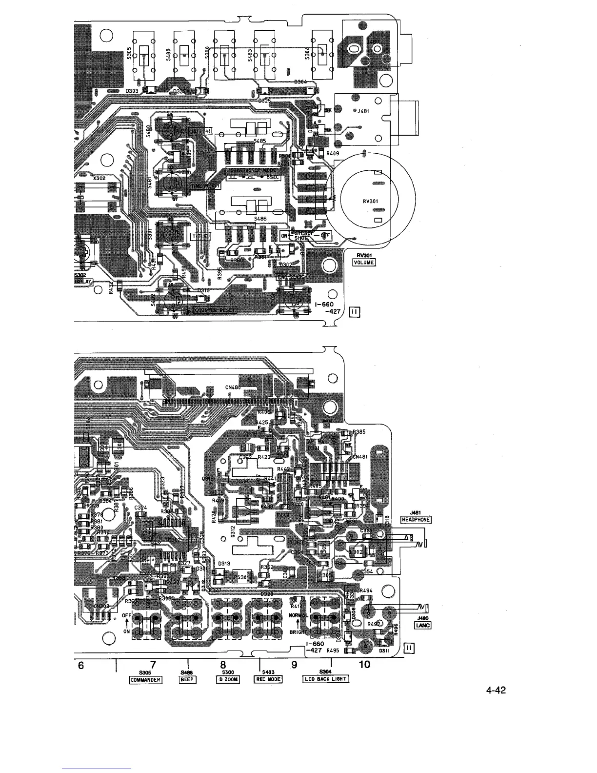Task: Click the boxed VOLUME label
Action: click(x=364, y=263)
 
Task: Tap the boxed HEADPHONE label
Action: click(x=415, y=520)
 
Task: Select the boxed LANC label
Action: click(x=422, y=626)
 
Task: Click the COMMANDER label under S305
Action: click(x=145, y=679)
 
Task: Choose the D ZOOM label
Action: click(x=228, y=679)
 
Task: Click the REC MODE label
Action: click(x=268, y=679)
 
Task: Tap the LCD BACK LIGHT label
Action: click(x=326, y=679)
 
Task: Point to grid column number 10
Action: click(x=364, y=665)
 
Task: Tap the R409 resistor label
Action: click(x=333, y=154)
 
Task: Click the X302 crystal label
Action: click(x=99, y=179)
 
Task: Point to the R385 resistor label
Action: click(x=359, y=432)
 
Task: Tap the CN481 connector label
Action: click(x=359, y=457)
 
